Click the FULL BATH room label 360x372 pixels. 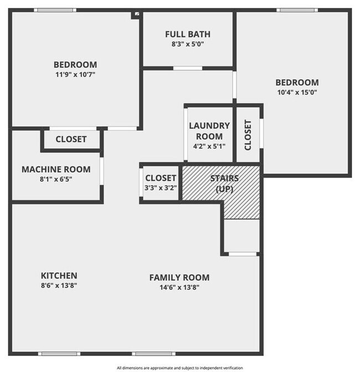(188, 34)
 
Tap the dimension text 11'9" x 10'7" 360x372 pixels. (75, 74)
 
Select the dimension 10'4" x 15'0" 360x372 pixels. (297, 93)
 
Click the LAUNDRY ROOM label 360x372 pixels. (205, 131)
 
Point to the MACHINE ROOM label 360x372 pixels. (55, 169)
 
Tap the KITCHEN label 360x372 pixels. (59, 276)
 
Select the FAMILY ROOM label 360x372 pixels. (179, 277)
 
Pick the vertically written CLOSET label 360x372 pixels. (248, 135)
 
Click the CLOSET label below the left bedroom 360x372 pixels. (71, 139)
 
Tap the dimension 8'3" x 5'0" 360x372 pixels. (188, 44)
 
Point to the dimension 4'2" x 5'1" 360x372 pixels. (205, 146)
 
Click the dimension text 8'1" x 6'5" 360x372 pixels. (55, 179)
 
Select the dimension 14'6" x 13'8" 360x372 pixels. (179, 287)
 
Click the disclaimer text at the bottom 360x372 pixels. (179, 367)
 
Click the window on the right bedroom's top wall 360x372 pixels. (297, 11)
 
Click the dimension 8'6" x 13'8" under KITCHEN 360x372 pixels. (59, 286)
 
